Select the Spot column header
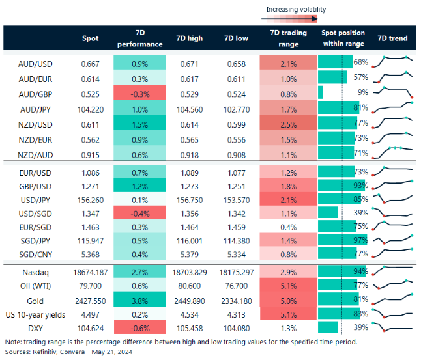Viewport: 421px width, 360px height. coord(91,38)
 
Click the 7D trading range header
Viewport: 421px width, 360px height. coord(288,38)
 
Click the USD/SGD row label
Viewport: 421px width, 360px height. coord(36,214)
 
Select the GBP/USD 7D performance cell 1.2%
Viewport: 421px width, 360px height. coord(139,185)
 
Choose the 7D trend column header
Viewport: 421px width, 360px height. coord(392,38)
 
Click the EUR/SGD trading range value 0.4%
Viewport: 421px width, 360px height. coord(288,228)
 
